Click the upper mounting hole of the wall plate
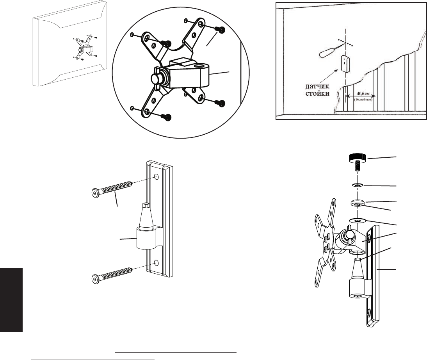click(156, 177)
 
